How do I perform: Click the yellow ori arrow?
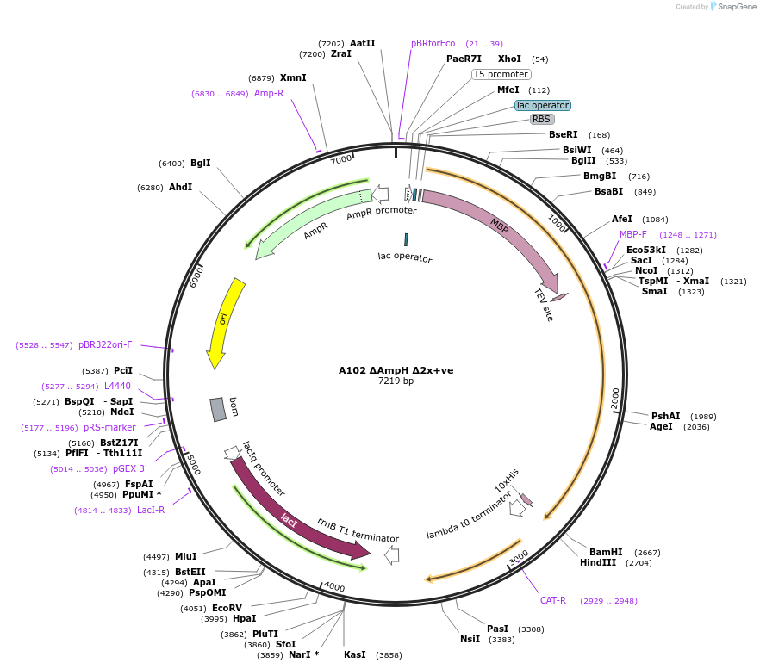227,323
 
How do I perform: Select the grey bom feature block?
219,409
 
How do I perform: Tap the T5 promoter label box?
501,74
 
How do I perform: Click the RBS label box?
541,120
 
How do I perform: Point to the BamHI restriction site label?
606,552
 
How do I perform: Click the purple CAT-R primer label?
552,600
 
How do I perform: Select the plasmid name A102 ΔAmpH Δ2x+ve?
396,370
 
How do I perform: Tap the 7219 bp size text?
396,381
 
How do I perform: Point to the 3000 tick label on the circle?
518,561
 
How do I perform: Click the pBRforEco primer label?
433,43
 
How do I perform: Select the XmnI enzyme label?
293,77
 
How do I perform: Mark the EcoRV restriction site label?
227,608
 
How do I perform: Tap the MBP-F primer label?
633,234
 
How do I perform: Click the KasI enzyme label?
355,654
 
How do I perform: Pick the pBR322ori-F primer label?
105,344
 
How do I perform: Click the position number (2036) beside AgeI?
696,426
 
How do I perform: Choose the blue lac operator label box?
543,105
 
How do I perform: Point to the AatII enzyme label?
363,43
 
